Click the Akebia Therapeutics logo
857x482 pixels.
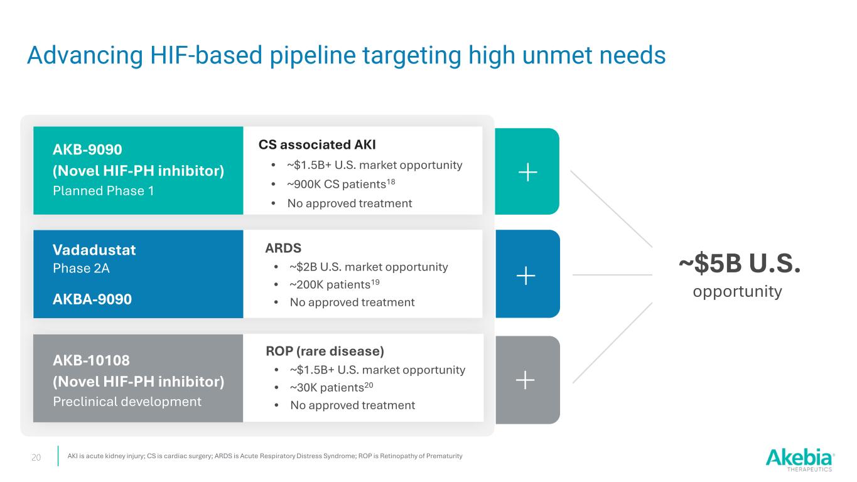(800, 459)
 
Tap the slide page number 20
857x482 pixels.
(36, 458)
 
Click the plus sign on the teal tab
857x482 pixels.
(527, 171)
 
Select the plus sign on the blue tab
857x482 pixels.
(526, 274)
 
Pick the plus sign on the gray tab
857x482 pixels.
(526, 379)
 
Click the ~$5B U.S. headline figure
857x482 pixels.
(740, 265)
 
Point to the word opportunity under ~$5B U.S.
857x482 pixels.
(737, 291)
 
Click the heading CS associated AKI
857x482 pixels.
(317, 145)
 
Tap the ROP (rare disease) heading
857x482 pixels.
(325, 350)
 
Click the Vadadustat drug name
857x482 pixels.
(94, 250)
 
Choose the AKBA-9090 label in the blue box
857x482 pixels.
(92, 299)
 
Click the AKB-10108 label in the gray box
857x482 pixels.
(92, 360)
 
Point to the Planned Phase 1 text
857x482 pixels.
(104, 191)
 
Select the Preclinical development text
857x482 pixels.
(127, 401)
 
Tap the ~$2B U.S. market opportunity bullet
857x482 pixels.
(369, 267)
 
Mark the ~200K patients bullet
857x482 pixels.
(335, 284)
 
